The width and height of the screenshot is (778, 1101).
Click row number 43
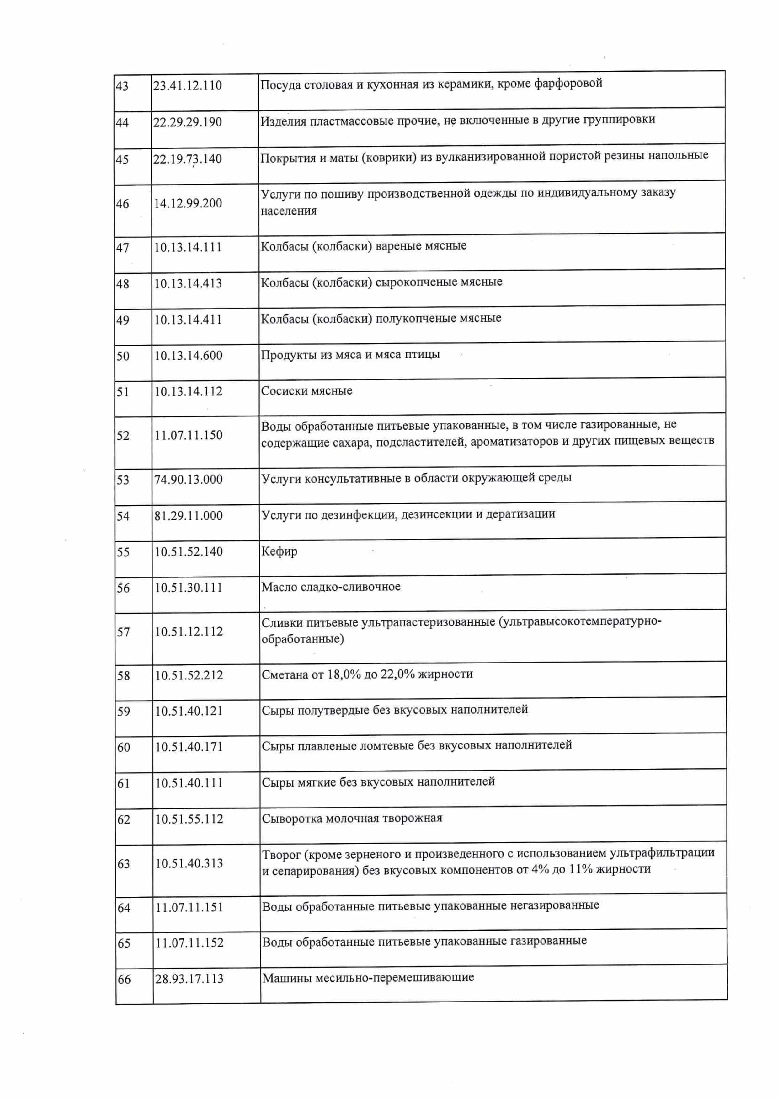click(x=122, y=86)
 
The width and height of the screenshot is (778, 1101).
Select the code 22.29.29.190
click(x=187, y=122)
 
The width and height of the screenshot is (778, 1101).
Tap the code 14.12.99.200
click(x=188, y=203)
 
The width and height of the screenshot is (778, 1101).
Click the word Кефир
click(x=279, y=551)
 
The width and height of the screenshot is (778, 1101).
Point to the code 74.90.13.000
click(x=189, y=480)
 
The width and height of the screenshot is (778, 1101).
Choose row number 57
click(x=123, y=632)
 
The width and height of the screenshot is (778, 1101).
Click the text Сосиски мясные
click(x=307, y=391)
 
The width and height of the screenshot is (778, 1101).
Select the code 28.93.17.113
click(x=189, y=979)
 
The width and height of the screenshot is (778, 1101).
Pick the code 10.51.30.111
click(x=189, y=588)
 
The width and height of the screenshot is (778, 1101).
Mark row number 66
click(x=124, y=979)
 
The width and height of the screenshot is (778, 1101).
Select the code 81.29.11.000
click(x=189, y=516)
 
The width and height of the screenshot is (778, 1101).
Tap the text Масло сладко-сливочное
click(x=331, y=587)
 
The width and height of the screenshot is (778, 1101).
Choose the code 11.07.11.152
click(x=189, y=943)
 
